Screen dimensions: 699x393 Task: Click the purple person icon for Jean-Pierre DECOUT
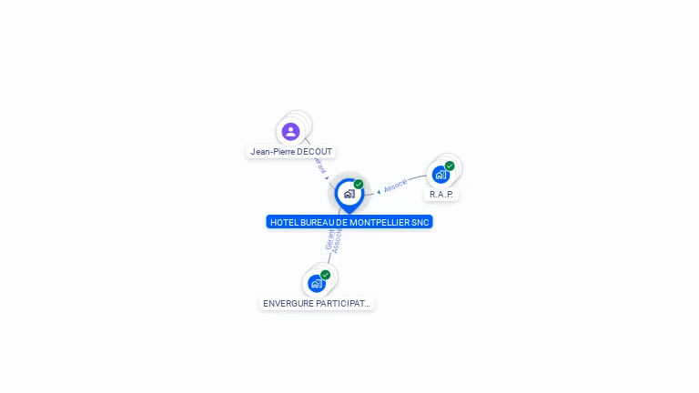pyautogui.click(x=291, y=132)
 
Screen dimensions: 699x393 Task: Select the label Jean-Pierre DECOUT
pyautogui.click(x=291, y=152)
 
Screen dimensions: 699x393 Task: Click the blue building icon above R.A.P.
pyautogui.click(x=441, y=175)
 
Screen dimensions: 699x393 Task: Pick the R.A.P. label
pyautogui.click(x=441, y=195)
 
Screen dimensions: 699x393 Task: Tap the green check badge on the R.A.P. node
pyautogui.click(x=450, y=166)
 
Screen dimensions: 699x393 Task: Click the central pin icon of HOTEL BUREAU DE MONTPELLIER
pyautogui.click(x=349, y=194)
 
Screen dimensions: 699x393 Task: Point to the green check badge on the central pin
pyautogui.click(x=359, y=185)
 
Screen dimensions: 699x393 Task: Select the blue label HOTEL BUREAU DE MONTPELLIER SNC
pyautogui.click(x=349, y=222)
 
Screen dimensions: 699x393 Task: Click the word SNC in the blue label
pyautogui.click(x=420, y=222)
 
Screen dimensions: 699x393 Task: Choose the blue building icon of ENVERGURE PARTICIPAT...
pyautogui.click(x=316, y=283)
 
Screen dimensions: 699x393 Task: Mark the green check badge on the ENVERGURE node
pyautogui.click(x=325, y=275)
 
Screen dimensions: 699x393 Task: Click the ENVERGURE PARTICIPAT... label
pyautogui.click(x=317, y=304)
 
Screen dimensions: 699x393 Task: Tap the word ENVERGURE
pyautogui.click(x=287, y=304)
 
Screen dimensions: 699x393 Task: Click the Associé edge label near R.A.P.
pyautogui.click(x=396, y=186)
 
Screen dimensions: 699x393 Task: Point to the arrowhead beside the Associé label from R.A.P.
pyautogui.click(x=379, y=191)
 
